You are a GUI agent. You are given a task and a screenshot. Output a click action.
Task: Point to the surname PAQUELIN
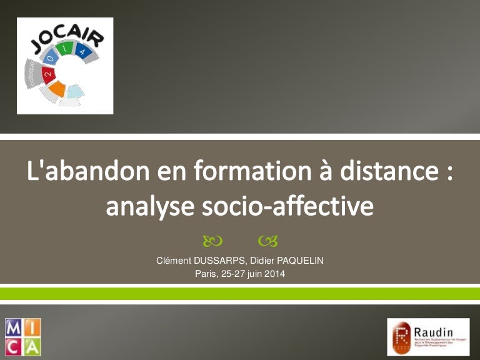pos(296,261)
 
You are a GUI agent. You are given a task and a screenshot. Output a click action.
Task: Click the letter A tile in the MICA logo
pos(32,346)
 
